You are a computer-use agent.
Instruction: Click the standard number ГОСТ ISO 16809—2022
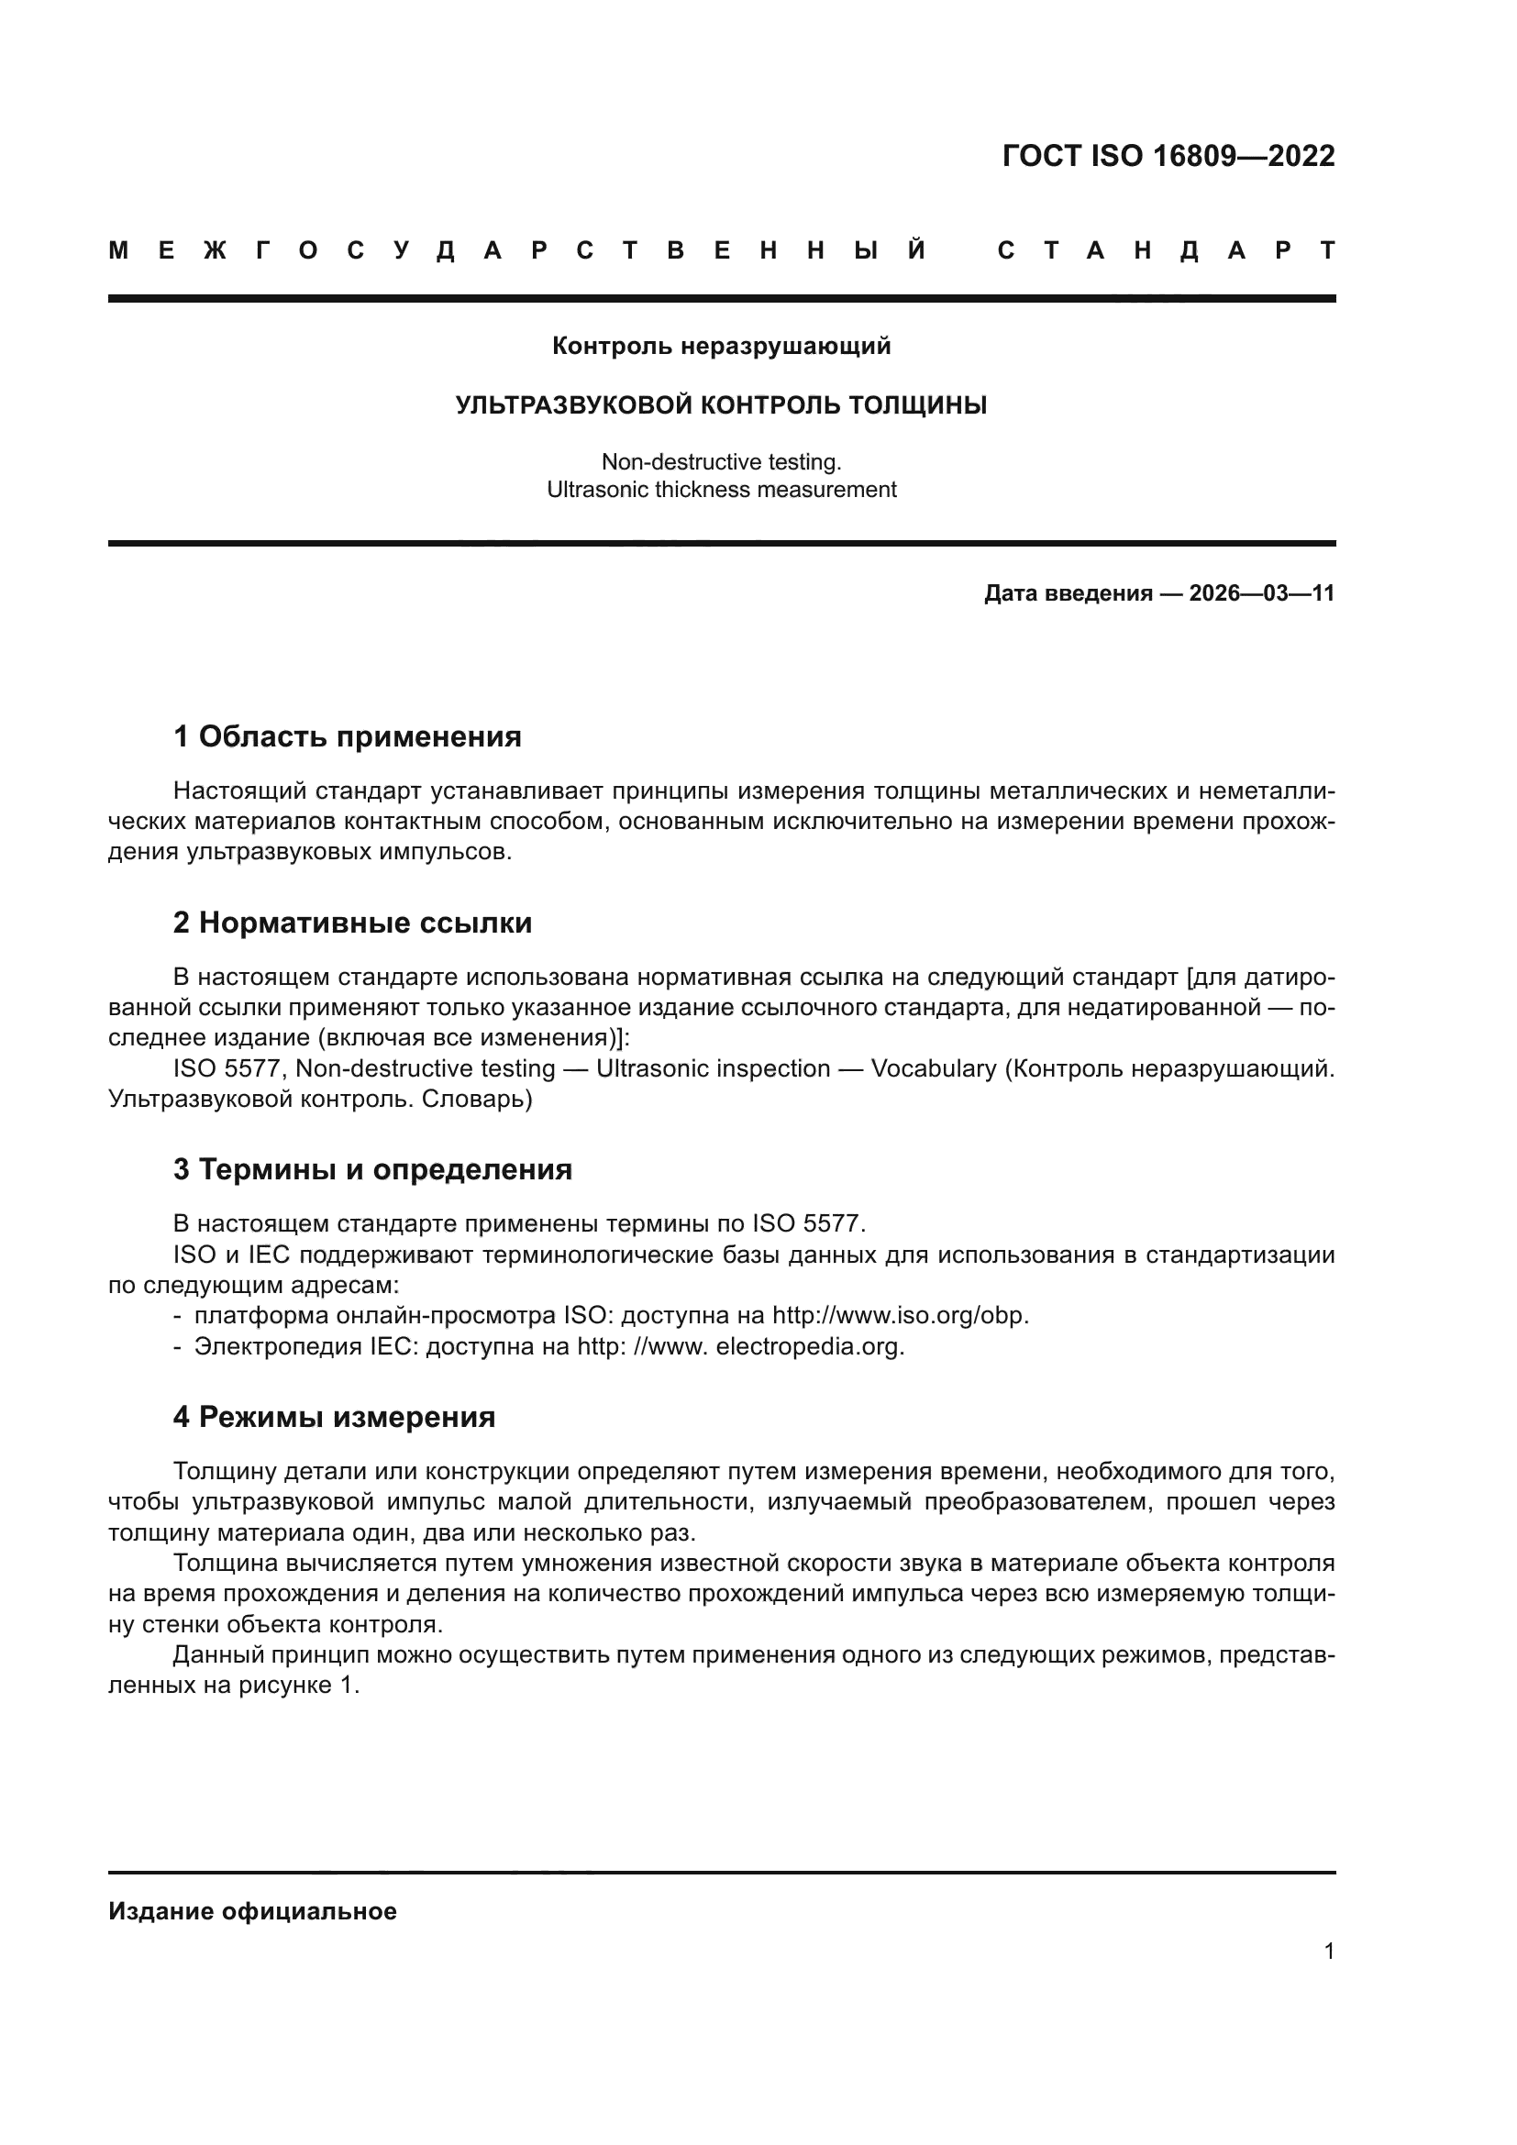pyautogui.click(x=1168, y=156)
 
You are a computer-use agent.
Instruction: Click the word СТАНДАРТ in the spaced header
pyautogui.click(x=1166, y=251)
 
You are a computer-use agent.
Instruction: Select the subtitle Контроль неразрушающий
pyautogui.click(x=721, y=347)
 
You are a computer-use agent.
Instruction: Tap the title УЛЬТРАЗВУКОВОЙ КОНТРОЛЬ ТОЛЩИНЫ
pyautogui.click(x=721, y=405)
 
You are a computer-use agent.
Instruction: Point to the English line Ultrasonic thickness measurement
pyautogui.click(x=721, y=490)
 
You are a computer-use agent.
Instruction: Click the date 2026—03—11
pyautogui.click(x=1261, y=593)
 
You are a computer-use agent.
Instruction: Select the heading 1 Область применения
pyautogui.click(x=347, y=737)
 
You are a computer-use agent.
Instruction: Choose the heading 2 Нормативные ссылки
pyautogui.click(x=352, y=923)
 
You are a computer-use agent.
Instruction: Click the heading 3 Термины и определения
pyautogui.click(x=371, y=1169)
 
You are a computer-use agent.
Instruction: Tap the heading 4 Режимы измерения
pyautogui.click(x=334, y=1417)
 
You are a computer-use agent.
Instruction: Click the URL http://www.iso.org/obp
pyautogui.click(x=901, y=1315)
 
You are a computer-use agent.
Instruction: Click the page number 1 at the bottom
pyautogui.click(x=1329, y=1951)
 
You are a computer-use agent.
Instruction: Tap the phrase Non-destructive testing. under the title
pyautogui.click(x=721, y=461)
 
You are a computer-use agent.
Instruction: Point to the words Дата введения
pyautogui.click(x=1068, y=593)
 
